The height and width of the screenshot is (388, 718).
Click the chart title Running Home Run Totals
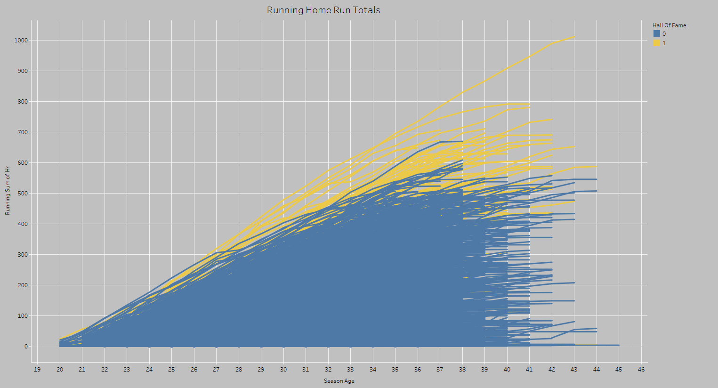coord(323,10)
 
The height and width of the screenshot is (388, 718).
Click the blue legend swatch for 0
coord(657,34)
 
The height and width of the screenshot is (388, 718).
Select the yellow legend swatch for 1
coord(657,43)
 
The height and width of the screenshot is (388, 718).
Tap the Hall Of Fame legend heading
coord(669,25)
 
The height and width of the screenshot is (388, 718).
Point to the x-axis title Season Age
coord(339,381)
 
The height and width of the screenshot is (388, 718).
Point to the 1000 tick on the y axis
coord(21,40)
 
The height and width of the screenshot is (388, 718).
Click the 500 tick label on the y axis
coord(23,194)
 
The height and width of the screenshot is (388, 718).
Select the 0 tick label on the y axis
coord(26,347)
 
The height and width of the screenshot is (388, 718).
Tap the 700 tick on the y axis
coord(23,132)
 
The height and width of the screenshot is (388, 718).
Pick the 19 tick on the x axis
coord(37,370)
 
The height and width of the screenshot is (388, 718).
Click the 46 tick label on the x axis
coord(641,370)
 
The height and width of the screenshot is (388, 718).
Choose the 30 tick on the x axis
coord(283,370)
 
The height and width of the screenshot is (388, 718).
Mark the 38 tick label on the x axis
coord(462,370)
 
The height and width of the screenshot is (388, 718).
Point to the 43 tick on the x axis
coord(574,370)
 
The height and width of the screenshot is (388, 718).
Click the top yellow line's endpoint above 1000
coord(574,36)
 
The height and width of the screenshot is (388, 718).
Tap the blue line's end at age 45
coord(619,345)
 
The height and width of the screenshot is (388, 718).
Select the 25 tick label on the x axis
coord(171,370)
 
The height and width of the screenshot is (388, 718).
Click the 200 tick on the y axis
coord(23,285)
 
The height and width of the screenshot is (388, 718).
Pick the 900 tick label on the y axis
coord(23,71)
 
